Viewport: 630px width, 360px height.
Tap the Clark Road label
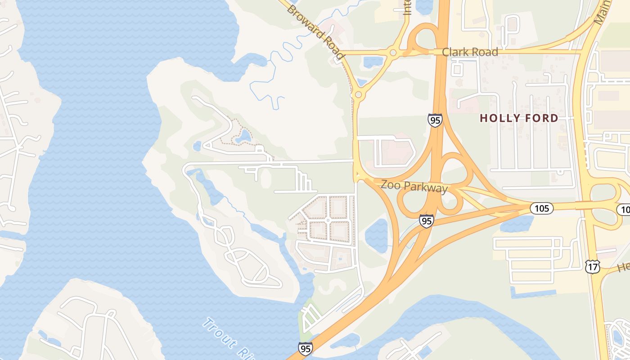470,52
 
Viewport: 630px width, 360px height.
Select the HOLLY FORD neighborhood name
519,118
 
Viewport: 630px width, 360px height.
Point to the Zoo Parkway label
414,185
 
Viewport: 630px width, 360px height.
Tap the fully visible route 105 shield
541,208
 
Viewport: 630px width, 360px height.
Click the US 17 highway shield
592,266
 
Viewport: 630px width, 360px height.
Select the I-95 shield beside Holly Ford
435,120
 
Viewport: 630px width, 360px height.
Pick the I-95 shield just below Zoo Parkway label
426,220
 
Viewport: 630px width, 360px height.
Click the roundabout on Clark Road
393,52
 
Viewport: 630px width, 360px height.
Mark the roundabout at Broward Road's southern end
358,94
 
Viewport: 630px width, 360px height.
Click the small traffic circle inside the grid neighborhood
328,220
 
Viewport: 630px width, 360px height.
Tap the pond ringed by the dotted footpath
244,135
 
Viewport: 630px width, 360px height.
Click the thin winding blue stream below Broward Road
270,76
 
